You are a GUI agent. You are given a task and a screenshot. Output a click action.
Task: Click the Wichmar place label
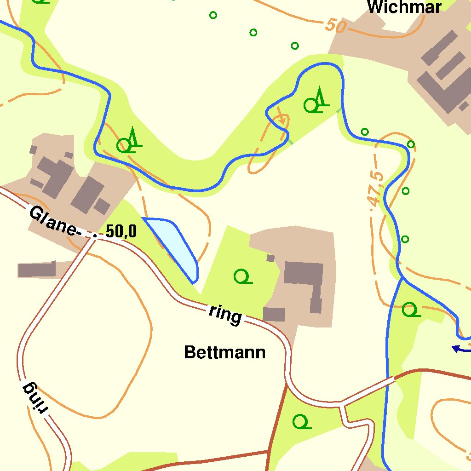click(x=404, y=7)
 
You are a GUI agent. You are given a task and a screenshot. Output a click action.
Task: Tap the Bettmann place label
click(x=224, y=353)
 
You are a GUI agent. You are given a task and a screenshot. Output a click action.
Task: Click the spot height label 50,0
click(x=121, y=231)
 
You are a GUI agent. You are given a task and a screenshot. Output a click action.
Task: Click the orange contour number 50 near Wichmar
click(x=335, y=26)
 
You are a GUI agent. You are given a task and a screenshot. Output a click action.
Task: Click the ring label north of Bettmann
click(x=225, y=314)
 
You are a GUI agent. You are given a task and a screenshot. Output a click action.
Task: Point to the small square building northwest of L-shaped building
click(x=270, y=258)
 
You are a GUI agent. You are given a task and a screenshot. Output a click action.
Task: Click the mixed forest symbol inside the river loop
click(x=316, y=102)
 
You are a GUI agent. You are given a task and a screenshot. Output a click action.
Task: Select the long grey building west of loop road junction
click(x=37, y=270)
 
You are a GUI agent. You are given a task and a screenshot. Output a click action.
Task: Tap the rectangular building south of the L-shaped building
click(x=274, y=315)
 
